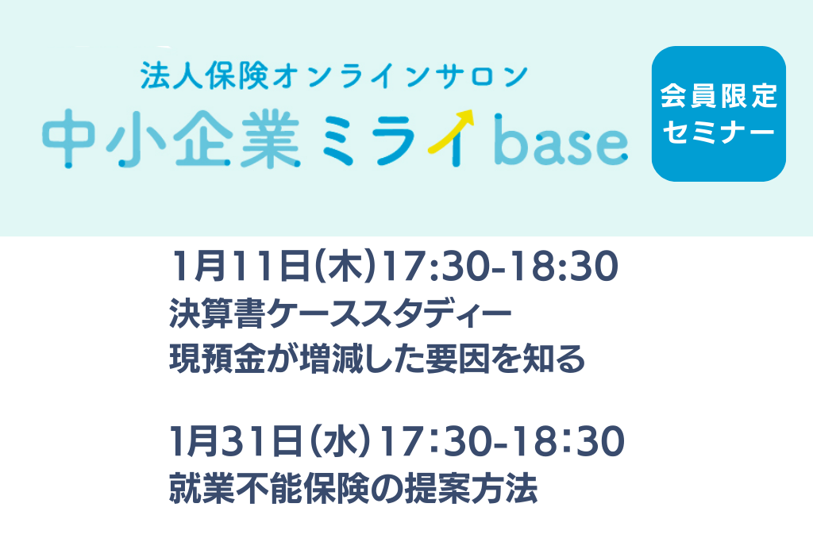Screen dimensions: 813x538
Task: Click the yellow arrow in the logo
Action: (x=451, y=132)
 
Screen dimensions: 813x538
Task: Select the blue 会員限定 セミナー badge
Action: (x=719, y=114)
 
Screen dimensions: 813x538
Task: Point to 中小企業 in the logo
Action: (x=171, y=140)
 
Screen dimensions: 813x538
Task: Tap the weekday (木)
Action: (x=345, y=266)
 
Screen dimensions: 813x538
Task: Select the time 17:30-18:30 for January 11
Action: (x=499, y=266)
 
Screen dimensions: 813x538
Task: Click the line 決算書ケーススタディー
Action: (x=340, y=313)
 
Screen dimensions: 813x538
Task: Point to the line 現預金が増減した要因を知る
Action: (x=377, y=359)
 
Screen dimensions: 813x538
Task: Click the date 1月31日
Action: (x=236, y=442)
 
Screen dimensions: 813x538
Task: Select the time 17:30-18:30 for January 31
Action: (x=502, y=442)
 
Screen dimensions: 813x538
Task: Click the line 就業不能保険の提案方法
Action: (x=353, y=488)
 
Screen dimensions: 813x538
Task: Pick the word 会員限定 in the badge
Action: (x=719, y=96)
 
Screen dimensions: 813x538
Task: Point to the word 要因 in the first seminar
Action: (x=458, y=359)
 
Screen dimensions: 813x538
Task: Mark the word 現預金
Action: (x=218, y=359)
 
